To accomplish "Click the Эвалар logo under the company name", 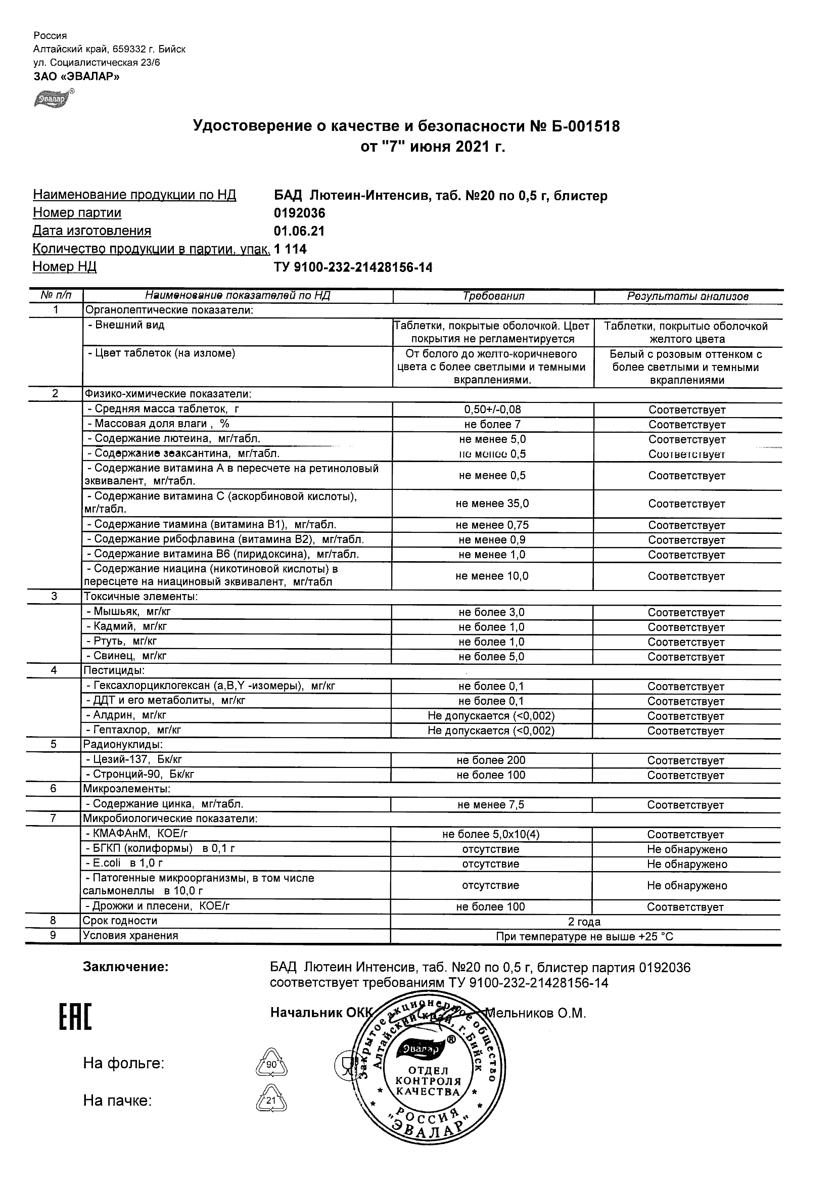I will (53, 99).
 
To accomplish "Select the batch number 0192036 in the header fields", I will (300, 213).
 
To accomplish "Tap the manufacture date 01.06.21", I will (299, 232).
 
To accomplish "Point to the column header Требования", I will (493, 296).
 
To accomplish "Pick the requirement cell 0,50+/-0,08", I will (492, 409).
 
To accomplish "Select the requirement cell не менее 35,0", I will (492, 504).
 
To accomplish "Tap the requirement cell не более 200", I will (491, 760).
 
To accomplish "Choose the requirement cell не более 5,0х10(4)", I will (491, 834).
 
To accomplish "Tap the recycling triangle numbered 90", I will (271, 1064).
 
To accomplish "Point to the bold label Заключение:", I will (126, 967).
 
